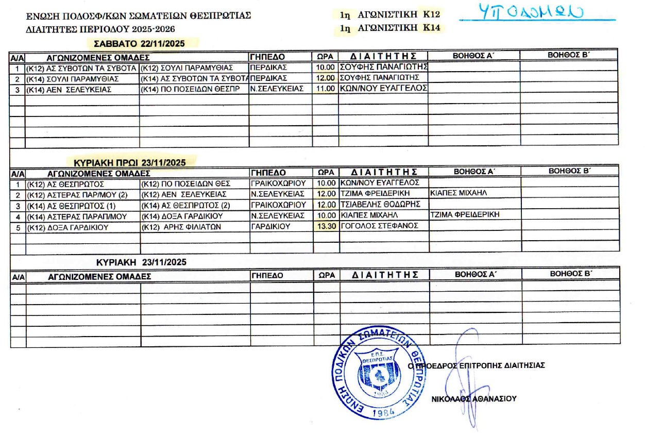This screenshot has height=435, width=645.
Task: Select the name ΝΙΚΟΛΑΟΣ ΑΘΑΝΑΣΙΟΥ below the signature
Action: (x=474, y=398)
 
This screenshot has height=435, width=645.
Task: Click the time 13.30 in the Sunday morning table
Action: (x=326, y=225)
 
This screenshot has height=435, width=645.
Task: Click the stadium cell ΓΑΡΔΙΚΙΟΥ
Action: (x=270, y=225)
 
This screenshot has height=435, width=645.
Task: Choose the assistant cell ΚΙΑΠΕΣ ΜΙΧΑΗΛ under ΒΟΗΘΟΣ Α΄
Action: (x=459, y=193)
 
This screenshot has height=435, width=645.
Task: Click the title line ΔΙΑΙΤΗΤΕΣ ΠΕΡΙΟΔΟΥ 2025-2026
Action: (x=100, y=29)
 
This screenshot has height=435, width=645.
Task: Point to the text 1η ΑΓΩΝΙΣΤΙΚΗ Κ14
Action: (x=390, y=28)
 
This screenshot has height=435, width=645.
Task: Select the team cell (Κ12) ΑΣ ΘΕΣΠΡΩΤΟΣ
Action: (x=65, y=183)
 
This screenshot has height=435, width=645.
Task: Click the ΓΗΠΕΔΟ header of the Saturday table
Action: (x=267, y=56)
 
